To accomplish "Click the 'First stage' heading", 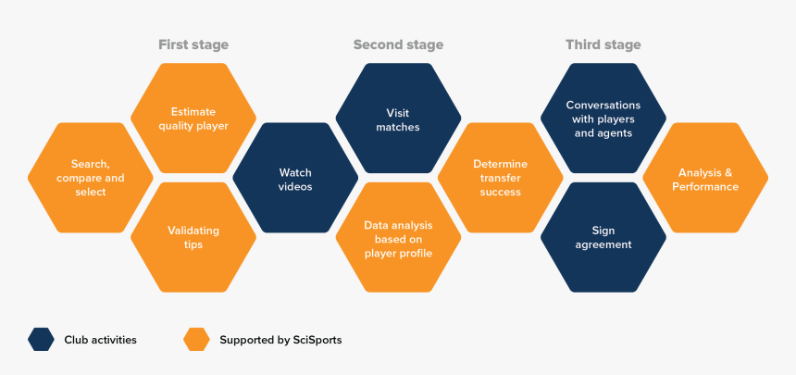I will pos(193,44).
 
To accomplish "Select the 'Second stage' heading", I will pos(398,44).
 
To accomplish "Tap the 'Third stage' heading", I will pos(603,44).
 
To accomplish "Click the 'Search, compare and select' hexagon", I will pos(91,178).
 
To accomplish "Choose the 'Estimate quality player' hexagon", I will pos(193,119).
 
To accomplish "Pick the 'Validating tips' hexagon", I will pos(193,237).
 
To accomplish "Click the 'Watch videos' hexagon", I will pos(295,178).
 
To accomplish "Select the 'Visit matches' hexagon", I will pos(398,119).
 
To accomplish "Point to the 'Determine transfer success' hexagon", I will pos(500,178).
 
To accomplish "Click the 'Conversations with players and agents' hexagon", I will pos(603,119).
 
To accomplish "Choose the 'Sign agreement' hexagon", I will pos(603,237).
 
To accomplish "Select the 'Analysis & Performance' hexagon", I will pos(705,178).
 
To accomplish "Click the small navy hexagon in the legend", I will pos(41,340).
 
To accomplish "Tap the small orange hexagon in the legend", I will pos(196,340).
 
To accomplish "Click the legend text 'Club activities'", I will pos(100,340).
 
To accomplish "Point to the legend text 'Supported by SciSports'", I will pos(280,340).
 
